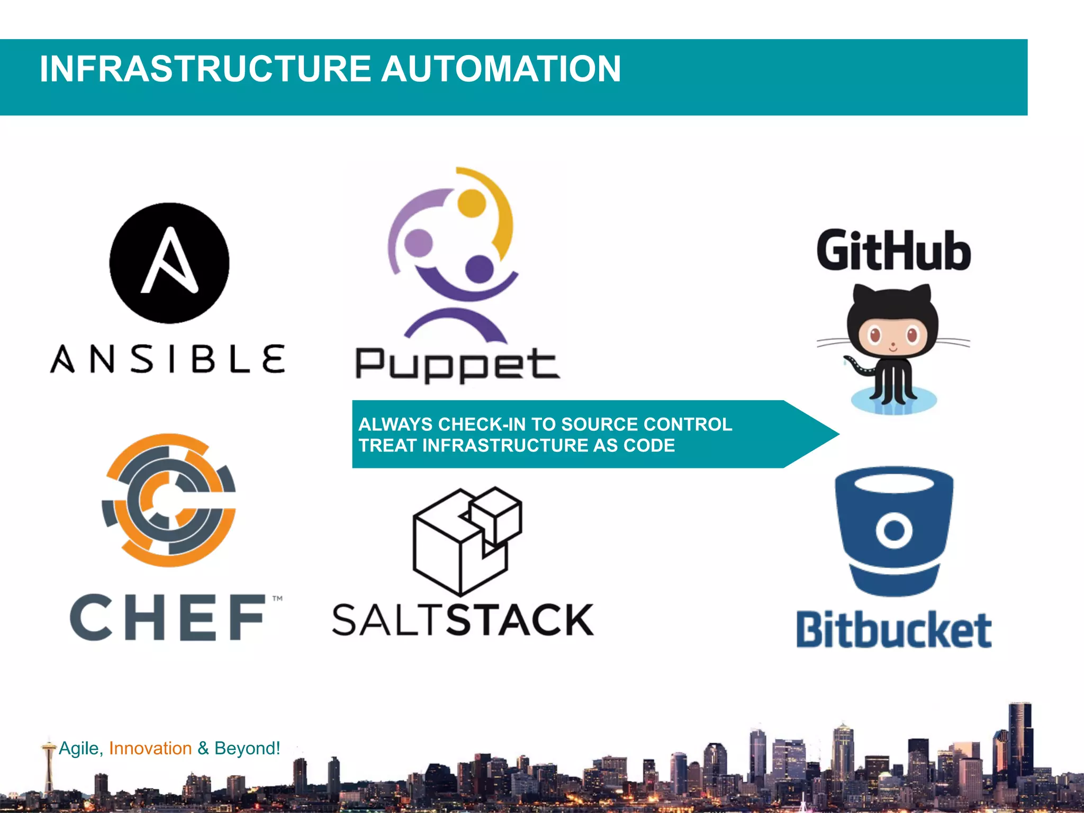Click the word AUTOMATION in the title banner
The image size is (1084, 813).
click(501, 69)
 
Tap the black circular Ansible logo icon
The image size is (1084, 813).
click(169, 263)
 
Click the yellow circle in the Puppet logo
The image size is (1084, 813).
click(472, 203)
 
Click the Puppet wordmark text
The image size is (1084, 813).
click(457, 365)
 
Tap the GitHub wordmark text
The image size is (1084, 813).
click(893, 251)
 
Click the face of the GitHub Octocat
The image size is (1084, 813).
click(893, 337)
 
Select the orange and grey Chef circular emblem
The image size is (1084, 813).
click(169, 500)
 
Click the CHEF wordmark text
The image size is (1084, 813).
click(168, 617)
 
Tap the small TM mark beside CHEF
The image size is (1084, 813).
click(277, 599)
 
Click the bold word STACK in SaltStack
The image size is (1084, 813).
click(520, 620)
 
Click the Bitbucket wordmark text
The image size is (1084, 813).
click(894, 630)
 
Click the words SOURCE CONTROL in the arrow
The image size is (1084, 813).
click(646, 424)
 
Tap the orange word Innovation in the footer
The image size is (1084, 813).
click(150, 748)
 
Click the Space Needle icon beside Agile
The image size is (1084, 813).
click(49, 762)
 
